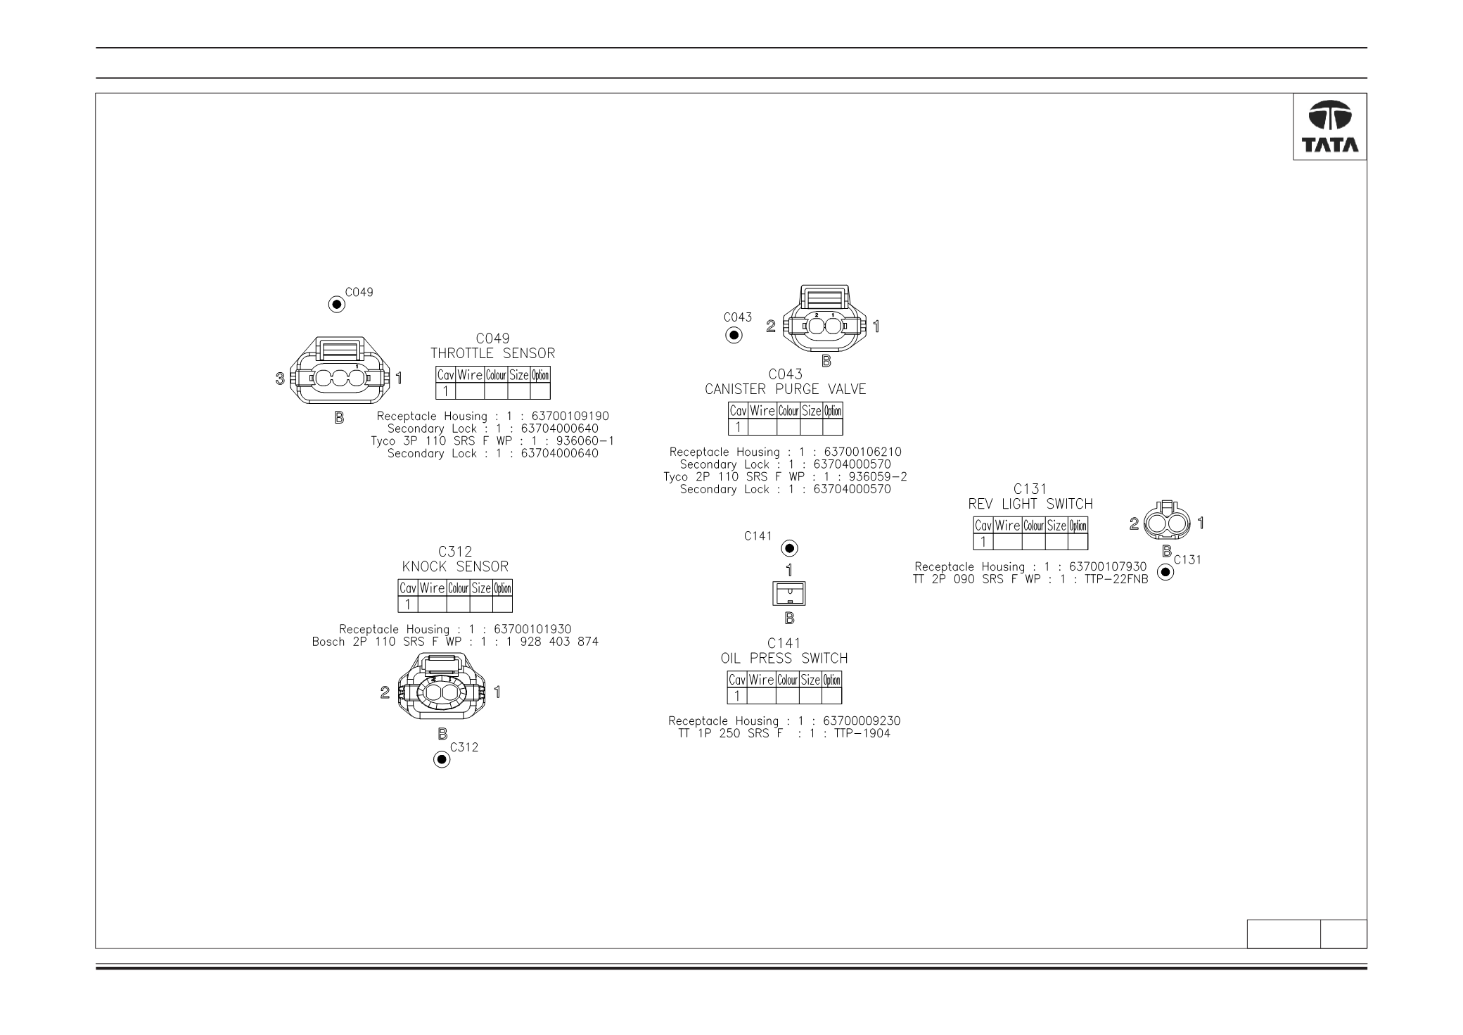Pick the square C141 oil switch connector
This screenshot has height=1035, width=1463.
pos(789,595)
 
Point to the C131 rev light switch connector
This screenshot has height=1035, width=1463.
pos(1167,523)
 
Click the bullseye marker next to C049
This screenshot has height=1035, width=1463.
pos(337,305)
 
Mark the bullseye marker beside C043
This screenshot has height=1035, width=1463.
pos(734,335)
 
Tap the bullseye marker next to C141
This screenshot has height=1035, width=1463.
pos(790,548)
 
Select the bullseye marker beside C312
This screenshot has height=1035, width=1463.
pos(442,759)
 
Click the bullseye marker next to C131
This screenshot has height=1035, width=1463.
pos(1165,572)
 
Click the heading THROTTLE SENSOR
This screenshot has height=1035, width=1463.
pos(492,353)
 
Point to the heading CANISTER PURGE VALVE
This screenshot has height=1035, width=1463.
pos(786,389)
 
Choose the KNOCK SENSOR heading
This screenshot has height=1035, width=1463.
pos(455,566)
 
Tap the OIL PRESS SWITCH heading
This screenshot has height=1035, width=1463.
pos(784,659)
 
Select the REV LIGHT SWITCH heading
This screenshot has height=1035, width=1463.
pos(1030,504)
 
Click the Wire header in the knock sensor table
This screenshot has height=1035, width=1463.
pos(432,588)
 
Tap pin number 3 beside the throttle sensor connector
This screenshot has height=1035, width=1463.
pos(280,379)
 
